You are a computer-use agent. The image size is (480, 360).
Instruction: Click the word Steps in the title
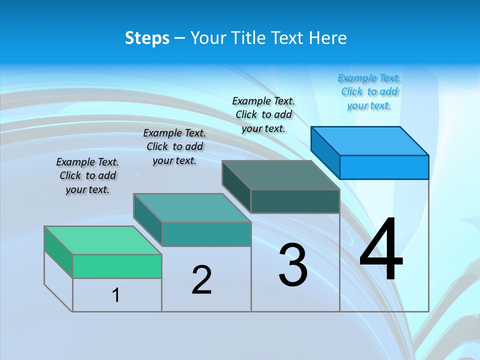coord(147,38)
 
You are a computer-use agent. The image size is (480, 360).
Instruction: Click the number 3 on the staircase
coord(293,265)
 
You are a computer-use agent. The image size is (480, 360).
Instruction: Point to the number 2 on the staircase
coord(201,280)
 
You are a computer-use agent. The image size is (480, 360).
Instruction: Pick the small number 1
coord(116,295)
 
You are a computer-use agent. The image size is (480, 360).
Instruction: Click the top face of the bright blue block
coord(370,140)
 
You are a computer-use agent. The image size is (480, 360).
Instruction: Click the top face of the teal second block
coord(192,207)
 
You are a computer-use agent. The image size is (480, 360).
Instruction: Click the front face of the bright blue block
coord(384,167)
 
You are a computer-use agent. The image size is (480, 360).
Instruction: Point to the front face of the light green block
coord(117,266)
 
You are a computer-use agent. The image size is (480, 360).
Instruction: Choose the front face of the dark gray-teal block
coord(295,201)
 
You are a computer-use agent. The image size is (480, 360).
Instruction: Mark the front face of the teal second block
coord(206,234)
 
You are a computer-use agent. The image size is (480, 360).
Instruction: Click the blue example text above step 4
coord(369,92)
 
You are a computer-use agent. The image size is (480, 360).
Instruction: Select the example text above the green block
coord(87,176)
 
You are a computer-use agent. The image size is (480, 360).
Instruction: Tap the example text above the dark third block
coord(263,115)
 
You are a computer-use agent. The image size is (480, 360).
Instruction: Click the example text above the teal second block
coord(174,147)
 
